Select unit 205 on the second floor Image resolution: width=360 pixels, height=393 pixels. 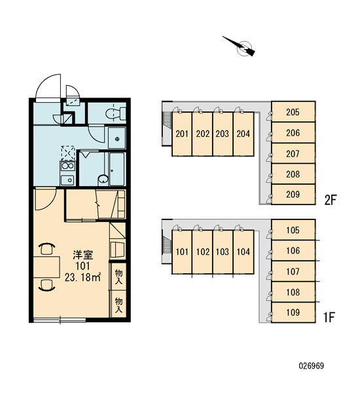[293, 112]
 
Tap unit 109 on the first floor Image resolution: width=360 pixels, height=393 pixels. [293, 312]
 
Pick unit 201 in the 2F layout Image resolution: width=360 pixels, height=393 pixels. [182, 134]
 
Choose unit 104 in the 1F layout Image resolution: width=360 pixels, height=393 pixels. [243, 252]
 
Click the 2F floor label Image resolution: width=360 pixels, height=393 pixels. [330, 200]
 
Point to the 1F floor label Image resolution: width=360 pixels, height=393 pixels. [329, 317]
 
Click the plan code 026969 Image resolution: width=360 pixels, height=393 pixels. [312, 366]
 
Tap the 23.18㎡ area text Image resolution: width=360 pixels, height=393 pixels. [82, 277]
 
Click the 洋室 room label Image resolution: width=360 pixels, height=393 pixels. [83, 255]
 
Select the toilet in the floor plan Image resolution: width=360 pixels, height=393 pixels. [116, 113]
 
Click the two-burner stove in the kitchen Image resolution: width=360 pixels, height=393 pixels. [67, 166]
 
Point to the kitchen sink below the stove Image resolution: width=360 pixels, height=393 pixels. [67, 180]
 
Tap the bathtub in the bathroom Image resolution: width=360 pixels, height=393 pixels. [117, 169]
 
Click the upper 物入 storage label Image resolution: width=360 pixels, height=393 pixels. [118, 276]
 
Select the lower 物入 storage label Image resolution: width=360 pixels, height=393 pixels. [118, 305]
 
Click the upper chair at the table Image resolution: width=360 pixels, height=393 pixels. [46, 249]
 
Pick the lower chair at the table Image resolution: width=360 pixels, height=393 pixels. [46, 285]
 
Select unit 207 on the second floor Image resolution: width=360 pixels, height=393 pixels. [293, 153]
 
